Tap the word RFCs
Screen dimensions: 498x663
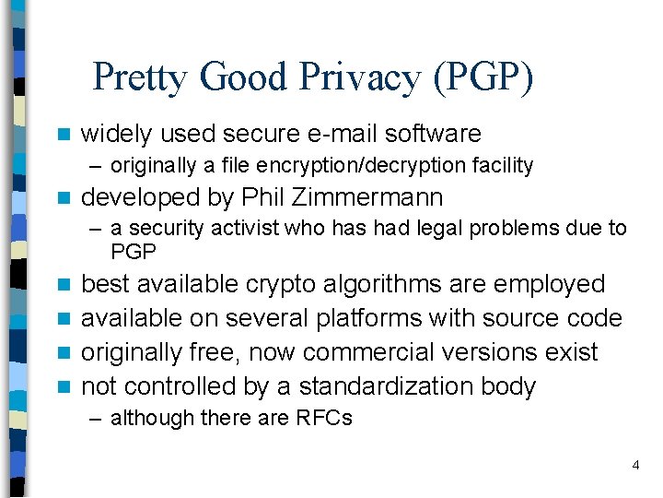point(323,418)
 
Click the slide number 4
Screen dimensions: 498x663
point(635,466)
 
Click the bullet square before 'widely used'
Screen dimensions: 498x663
point(63,135)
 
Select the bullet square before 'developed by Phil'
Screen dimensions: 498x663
point(63,198)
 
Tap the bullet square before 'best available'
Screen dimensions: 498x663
point(63,285)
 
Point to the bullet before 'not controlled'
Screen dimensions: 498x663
point(63,387)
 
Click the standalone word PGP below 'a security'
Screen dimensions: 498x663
point(134,251)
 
